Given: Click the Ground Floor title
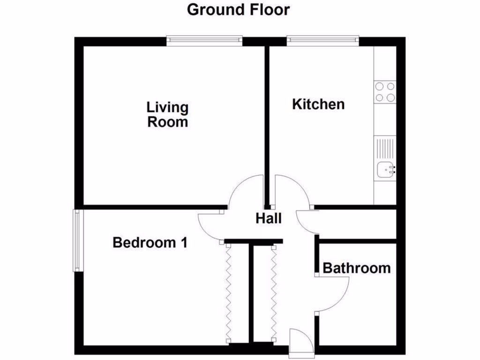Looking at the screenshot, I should pyautogui.click(x=239, y=9).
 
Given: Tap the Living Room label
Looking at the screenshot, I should pyautogui.click(x=167, y=114).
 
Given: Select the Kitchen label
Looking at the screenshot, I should pyautogui.click(x=318, y=104).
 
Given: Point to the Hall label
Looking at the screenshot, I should pyautogui.click(x=269, y=218).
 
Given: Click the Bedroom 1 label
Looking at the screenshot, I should pyautogui.click(x=150, y=243).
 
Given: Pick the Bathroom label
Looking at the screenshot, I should pyautogui.click(x=357, y=268).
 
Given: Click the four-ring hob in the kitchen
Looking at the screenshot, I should pyautogui.click(x=384, y=92).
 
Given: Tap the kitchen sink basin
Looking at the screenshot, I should pyautogui.click(x=385, y=168).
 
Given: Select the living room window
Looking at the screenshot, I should pyautogui.click(x=204, y=41).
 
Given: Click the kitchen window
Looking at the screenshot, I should pyautogui.click(x=323, y=41).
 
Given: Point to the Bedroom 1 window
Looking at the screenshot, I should pyautogui.click(x=77, y=240).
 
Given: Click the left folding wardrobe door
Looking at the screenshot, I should pyautogui.click(x=229, y=292).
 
